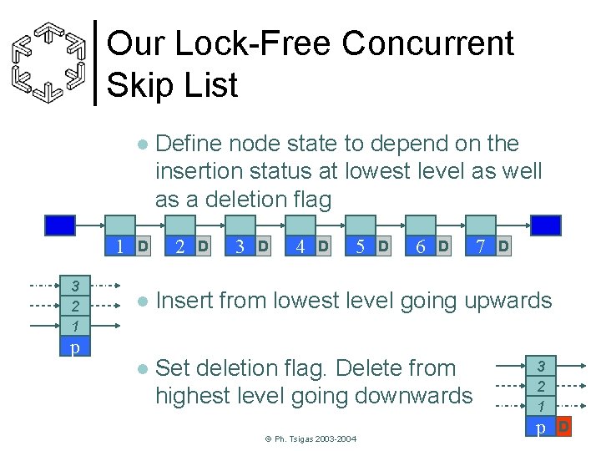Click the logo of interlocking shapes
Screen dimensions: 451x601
coord(52,62)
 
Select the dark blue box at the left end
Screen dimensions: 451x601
coord(60,225)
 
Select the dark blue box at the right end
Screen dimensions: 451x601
coord(547,225)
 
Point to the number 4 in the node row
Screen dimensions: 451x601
coord(300,246)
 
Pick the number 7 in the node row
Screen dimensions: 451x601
coord(480,246)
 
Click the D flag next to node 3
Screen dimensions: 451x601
coord(263,246)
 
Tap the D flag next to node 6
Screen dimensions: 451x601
coord(443,246)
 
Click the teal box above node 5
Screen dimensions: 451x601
coord(361,225)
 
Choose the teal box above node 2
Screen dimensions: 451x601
coord(180,225)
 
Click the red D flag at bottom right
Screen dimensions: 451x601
coord(563,428)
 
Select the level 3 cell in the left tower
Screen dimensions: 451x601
coord(75,285)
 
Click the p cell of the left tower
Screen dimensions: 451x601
coord(75,346)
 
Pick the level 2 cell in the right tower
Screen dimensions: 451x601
coord(541,387)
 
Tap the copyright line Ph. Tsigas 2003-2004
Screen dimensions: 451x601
coord(310,438)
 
